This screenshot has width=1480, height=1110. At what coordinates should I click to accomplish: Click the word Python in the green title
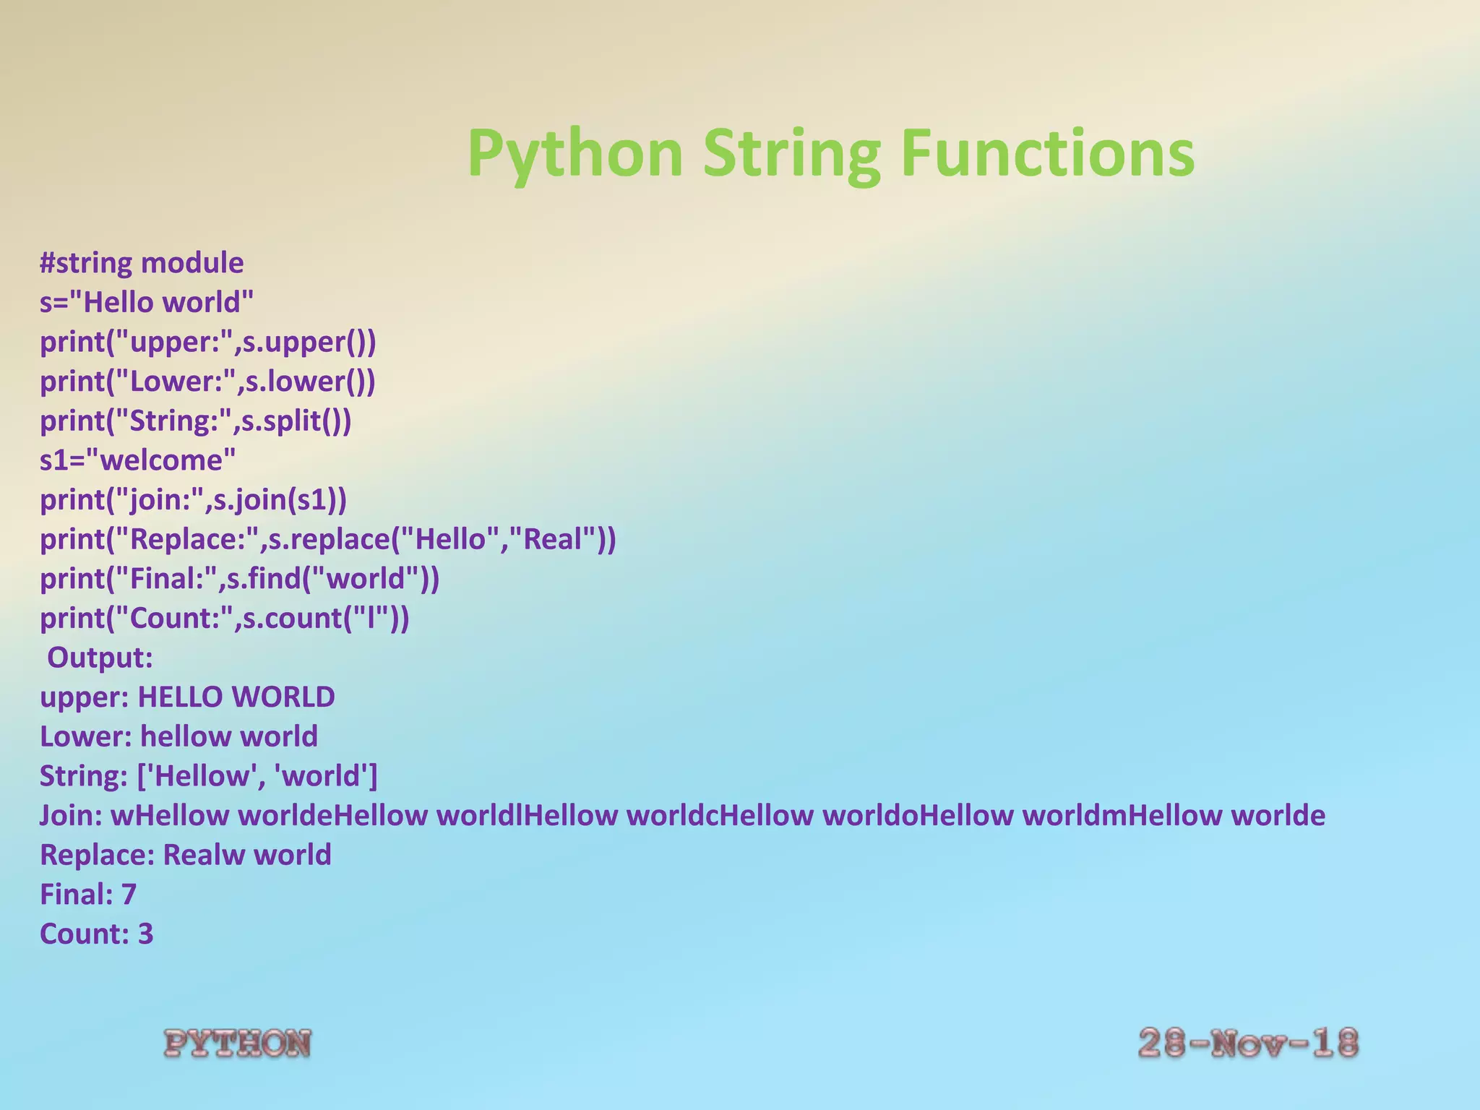(x=575, y=153)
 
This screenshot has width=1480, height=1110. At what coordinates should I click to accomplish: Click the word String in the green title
(x=792, y=153)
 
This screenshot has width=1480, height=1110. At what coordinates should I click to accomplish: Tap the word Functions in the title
(x=1048, y=153)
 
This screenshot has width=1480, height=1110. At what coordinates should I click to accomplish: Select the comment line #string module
(x=142, y=263)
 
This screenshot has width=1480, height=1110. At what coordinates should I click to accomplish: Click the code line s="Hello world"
(x=147, y=302)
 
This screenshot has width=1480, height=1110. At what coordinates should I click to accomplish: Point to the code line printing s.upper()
(x=208, y=342)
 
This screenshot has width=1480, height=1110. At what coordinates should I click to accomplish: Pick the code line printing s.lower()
(x=207, y=382)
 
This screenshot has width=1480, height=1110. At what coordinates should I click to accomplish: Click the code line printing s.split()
(x=195, y=421)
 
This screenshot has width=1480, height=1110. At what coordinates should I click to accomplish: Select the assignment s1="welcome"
(x=137, y=460)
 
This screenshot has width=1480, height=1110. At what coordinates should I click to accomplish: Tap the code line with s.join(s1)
(x=193, y=500)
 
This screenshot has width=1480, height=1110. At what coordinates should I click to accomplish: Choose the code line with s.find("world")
(x=239, y=579)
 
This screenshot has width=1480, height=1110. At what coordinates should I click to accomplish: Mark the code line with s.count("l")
(x=224, y=619)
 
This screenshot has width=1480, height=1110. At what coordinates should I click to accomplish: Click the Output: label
(x=100, y=658)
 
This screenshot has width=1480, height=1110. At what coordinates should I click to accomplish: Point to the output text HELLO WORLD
(x=236, y=697)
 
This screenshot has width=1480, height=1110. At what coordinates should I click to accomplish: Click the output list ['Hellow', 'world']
(x=257, y=776)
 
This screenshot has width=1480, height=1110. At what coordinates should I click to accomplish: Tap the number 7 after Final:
(x=129, y=895)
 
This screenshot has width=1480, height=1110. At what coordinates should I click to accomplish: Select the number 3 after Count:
(x=145, y=934)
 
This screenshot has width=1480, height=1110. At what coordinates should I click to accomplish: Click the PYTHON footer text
(x=238, y=1044)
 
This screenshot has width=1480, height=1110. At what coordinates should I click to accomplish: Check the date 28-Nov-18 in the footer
(x=1248, y=1044)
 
